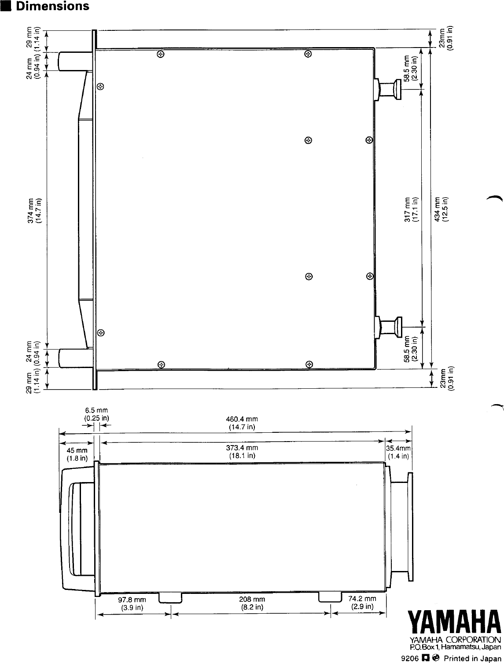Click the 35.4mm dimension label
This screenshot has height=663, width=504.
pos(399,452)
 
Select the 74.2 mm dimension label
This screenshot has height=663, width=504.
pos(362,603)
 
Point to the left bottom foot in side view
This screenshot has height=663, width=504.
pos(170,597)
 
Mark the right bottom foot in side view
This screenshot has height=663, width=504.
pos(330,597)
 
